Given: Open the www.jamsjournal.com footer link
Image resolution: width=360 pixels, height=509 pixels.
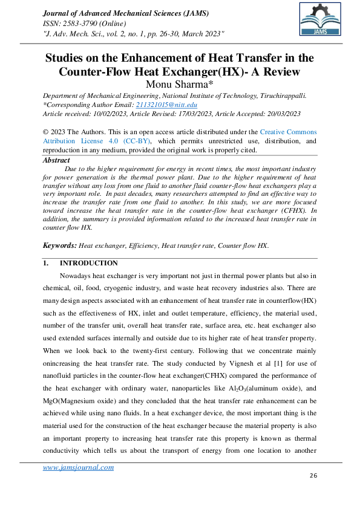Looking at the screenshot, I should (x=78, y=467).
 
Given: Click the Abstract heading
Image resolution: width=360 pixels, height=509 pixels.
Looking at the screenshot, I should (x=57, y=160).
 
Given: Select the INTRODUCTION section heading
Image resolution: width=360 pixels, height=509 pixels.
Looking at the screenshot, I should (x=88, y=263).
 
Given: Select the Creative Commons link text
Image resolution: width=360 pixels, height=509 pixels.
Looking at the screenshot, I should (x=288, y=131).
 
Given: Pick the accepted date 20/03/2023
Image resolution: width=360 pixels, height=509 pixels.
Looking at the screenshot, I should (x=280, y=113).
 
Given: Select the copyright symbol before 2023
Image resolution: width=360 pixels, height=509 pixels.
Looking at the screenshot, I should (x=45, y=131).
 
